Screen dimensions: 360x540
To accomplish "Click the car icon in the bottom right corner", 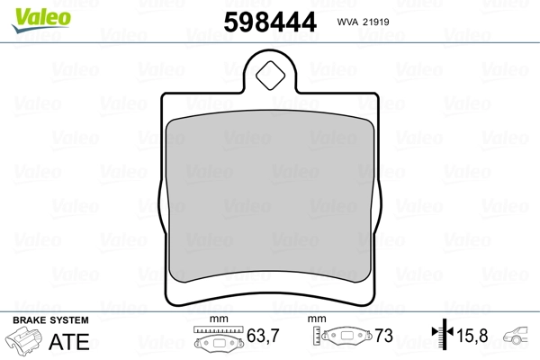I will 522,339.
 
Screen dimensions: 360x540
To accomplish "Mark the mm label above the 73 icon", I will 316,320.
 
